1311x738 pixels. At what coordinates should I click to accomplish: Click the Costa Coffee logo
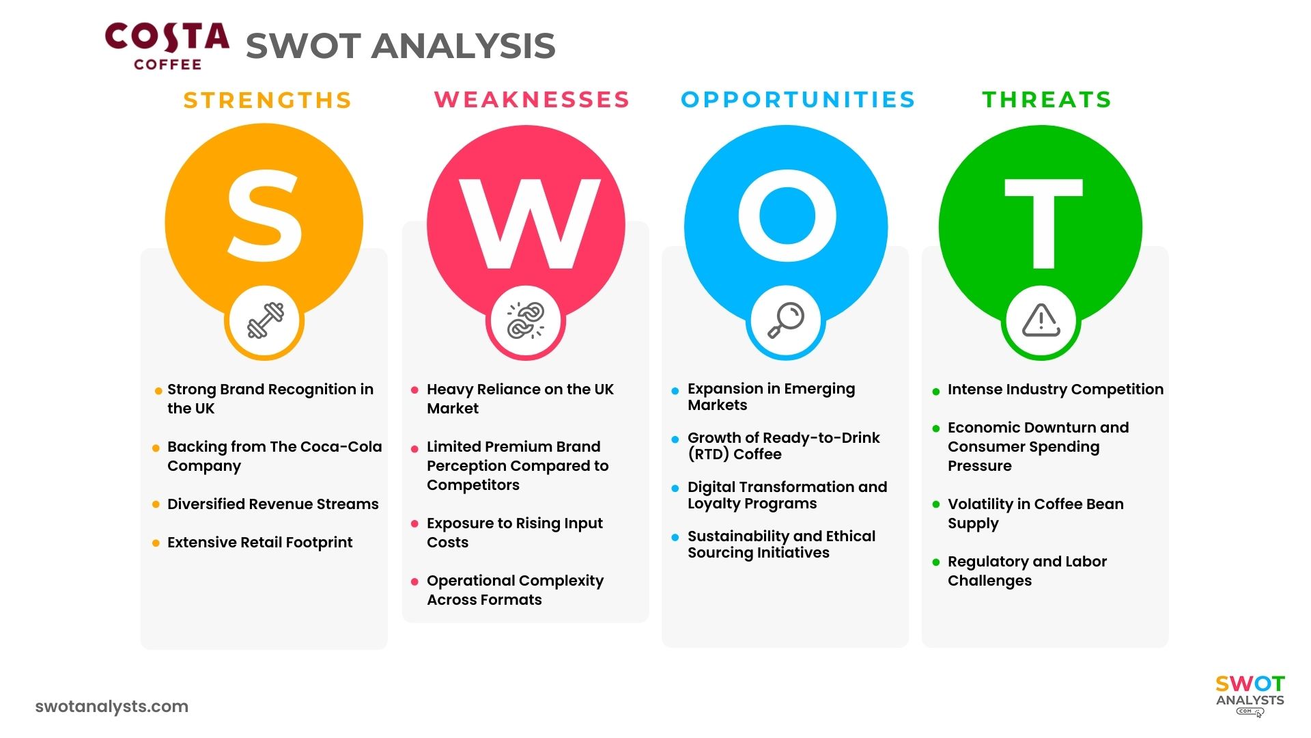click(167, 46)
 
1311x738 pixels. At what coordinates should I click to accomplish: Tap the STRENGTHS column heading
click(267, 100)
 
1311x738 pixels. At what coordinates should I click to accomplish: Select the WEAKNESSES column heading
click(532, 100)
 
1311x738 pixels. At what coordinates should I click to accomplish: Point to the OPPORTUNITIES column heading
click(798, 100)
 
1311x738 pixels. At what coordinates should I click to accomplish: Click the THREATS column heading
click(1047, 100)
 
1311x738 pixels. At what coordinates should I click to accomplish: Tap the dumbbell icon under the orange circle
click(265, 320)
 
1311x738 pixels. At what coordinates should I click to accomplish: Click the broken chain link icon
click(526, 320)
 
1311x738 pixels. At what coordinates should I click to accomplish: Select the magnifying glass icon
click(786, 320)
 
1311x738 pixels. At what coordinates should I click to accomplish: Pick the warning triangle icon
click(1041, 320)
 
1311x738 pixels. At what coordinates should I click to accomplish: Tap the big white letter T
click(1043, 223)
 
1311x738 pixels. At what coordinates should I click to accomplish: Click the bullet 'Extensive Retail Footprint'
click(259, 543)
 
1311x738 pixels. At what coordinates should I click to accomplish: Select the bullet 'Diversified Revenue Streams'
click(272, 504)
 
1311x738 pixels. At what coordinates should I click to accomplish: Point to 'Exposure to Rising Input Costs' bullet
click(513, 533)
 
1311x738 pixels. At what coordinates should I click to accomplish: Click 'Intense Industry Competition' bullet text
click(1055, 389)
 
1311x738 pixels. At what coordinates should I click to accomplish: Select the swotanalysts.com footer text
click(111, 707)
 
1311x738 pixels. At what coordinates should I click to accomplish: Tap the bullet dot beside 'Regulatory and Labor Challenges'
click(936, 562)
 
